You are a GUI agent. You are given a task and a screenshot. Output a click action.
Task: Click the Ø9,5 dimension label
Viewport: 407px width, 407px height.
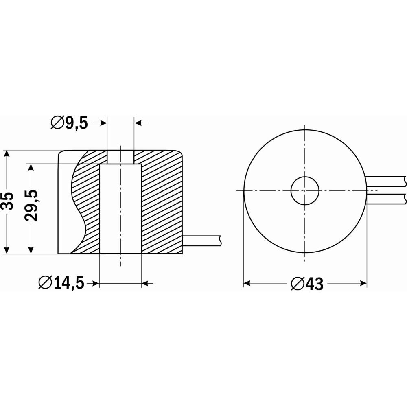69,123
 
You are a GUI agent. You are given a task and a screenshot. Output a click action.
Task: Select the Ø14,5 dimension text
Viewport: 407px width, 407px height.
61,283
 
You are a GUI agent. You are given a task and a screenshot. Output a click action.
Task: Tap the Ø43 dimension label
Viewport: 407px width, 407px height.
307,284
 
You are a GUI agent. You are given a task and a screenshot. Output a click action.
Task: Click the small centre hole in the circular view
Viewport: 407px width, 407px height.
305,190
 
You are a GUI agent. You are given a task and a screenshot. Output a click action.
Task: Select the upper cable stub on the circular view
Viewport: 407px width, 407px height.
385,181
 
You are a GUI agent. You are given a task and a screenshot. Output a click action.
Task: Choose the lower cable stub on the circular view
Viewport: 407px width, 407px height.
385,199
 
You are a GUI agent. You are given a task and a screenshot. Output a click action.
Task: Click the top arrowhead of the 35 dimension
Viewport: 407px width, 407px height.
7,154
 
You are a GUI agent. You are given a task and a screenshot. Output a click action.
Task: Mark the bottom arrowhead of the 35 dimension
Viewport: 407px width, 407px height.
7,249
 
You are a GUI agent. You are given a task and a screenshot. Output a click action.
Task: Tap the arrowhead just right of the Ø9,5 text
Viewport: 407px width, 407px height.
103,123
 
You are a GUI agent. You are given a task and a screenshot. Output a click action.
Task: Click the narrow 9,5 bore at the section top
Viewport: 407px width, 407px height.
120,157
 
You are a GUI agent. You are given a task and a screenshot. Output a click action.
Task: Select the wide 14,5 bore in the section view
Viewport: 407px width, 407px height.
120,209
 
